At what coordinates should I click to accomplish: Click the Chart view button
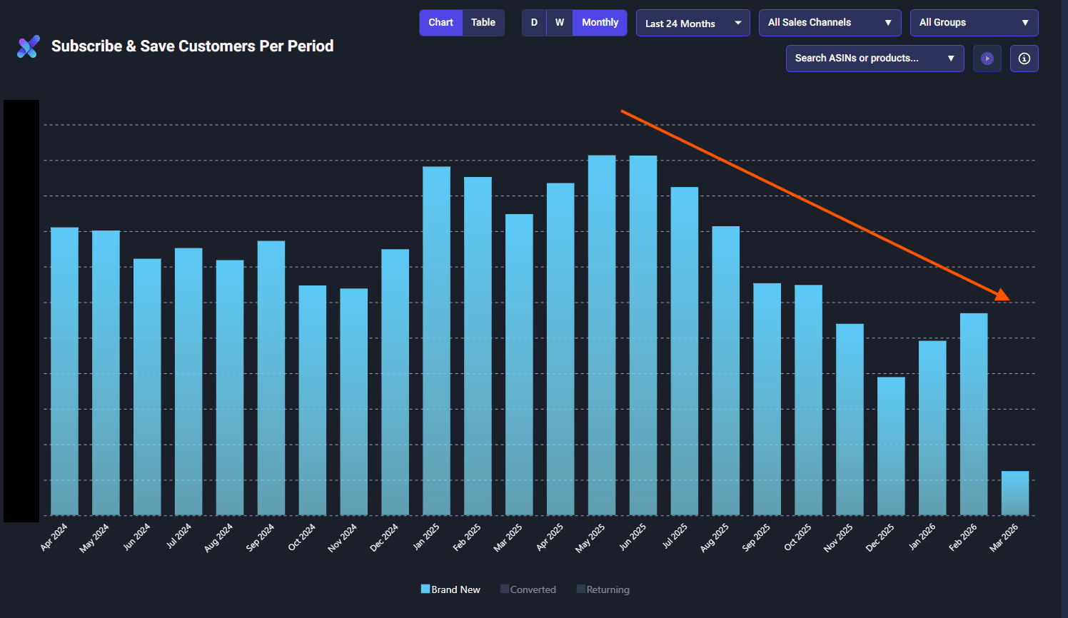pos(440,23)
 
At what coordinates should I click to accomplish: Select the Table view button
pos(483,23)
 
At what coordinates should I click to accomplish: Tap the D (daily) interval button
pos(534,23)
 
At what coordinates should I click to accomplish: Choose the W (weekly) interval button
pos(560,23)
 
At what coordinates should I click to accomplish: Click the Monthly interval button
pos(600,23)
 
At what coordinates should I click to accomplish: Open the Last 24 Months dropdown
pos(692,24)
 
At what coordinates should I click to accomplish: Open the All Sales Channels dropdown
pos(830,23)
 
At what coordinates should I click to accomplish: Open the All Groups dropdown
pos(974,23)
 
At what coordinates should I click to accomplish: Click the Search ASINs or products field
pos(875,59)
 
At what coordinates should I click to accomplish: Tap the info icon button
pos(1024,59)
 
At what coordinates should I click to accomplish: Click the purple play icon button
pos(987,59)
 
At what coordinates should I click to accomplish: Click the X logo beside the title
pos(29,47)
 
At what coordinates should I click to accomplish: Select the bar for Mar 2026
pos(1014,493)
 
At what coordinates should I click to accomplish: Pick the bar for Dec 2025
pos(891,446)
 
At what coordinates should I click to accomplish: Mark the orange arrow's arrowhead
pos(1004,295)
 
